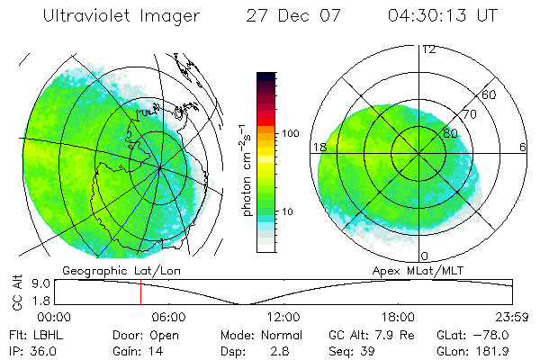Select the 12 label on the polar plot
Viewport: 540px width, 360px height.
point(429,49)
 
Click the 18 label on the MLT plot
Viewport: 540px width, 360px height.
point(319,147)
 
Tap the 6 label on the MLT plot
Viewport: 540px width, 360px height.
point(523,147)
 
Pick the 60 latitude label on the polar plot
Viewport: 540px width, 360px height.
point(490,94)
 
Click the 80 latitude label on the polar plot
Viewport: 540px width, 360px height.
point(450,132)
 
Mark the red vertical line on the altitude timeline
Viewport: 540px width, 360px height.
point(140,292)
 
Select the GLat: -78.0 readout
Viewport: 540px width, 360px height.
point(484,333)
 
